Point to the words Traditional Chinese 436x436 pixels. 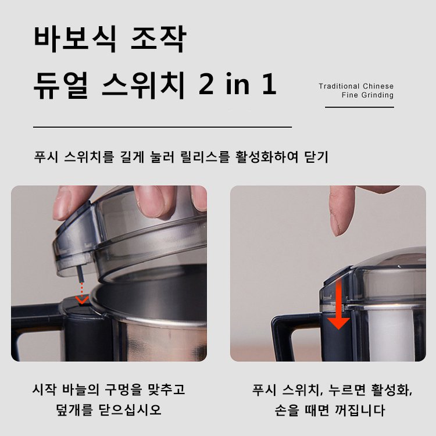(x=356, y=86)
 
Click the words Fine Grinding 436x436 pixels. (x=367, y=95)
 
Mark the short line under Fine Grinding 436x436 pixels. (x=359, y=108)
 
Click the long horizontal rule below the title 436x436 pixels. (x=162, y=126)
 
